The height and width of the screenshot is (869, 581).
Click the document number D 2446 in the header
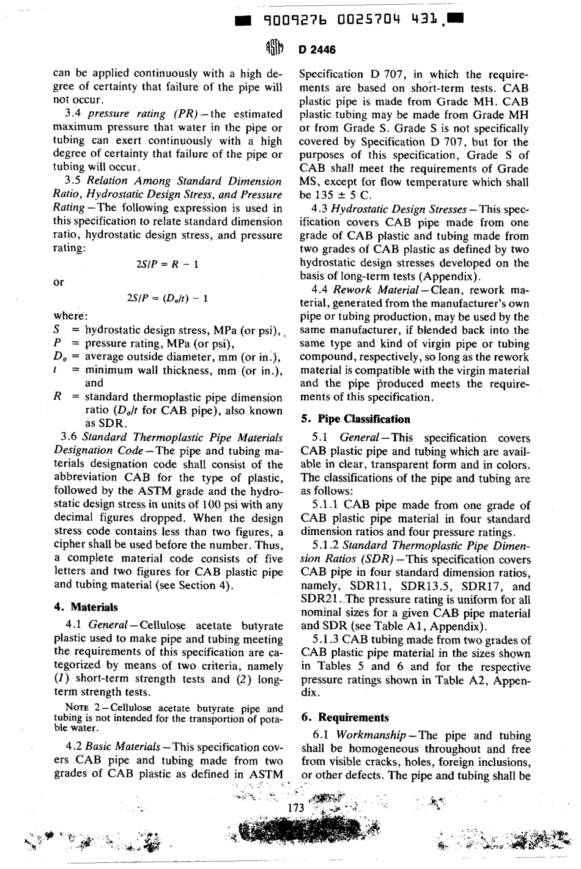317,50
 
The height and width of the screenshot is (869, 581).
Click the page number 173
295,808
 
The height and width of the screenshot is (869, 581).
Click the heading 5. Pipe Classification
355,419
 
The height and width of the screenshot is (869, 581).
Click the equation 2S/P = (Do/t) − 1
167,299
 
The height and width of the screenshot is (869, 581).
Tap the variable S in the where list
56,330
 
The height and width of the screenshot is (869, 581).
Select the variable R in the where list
57,397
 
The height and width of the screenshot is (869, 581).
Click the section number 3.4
73,114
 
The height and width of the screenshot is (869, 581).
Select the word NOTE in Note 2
76,709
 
